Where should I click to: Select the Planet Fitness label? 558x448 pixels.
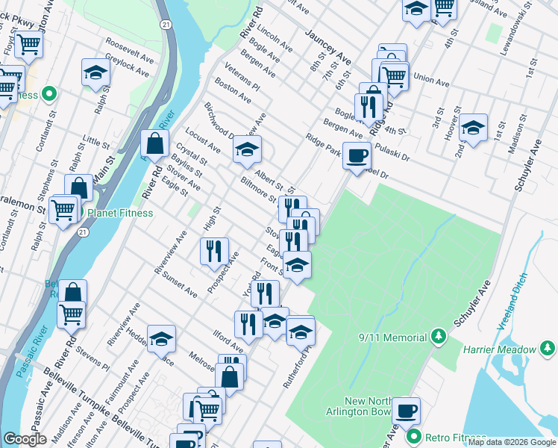pyautogui.click(x=120, y=213)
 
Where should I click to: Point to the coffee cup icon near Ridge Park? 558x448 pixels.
pyautogui.click(x=357, y=155)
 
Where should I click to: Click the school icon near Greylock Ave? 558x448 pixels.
pyautogui.click(x=95, y=72)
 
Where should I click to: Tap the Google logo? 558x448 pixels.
pyautogui.click(x=25, y=439)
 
